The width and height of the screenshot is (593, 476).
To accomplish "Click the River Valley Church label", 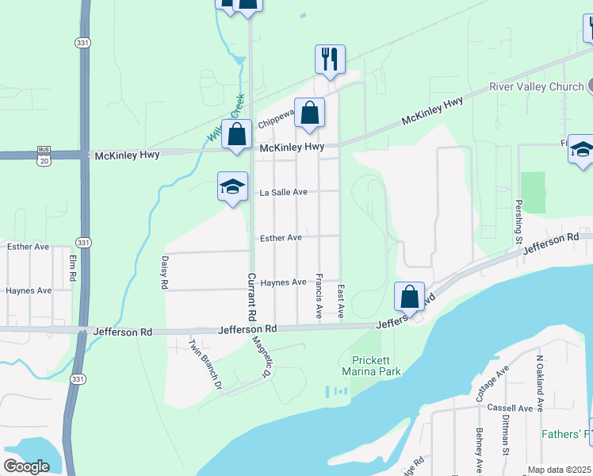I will pyautogui.click(x=536, y=86).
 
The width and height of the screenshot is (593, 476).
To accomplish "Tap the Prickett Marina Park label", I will pyautogui.click(x=371, y=365).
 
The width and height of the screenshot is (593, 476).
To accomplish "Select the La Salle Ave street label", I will pyautogui.click(x=283, y=192).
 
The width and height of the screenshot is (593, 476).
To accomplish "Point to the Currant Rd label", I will pyautogui.click(x=251, y=297).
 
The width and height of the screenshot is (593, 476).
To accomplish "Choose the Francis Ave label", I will pyautogui.click(x=319, y=296).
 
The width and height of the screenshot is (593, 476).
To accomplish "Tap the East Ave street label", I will pyautogui.click(x=341, y=301).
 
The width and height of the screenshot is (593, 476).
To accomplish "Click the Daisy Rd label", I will pyautogui.click(x=165, y=271).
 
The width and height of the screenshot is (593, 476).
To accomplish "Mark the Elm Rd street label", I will pyautogui.click(x=72, y=267).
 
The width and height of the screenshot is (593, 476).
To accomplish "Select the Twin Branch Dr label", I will pyautogui.click(x=205, y=364).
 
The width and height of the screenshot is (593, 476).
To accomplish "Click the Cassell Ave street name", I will pyautogui.click(x=510, y=408).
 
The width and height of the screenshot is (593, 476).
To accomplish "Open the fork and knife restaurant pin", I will pyautogui.click(x=330, y=59).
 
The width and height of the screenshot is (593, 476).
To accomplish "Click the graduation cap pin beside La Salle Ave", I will pyautogui.click(x=231, y=187).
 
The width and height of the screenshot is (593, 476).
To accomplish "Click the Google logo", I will pyautogui.click(x=26, y=466).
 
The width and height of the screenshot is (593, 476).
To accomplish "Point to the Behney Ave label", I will pyautogui.click(x=480, y=450).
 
